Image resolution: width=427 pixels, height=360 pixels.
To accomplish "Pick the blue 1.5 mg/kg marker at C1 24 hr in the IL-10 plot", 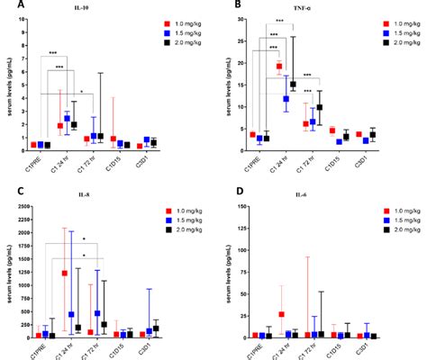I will click(67, 118).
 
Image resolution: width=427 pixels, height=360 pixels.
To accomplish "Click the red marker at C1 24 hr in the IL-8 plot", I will click(64, 273).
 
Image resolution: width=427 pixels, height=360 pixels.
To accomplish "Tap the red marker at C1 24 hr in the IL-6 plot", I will click(282, 314).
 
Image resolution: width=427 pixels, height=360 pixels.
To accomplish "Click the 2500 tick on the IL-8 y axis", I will click(20, 206).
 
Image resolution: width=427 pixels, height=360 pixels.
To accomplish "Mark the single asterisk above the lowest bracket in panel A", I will click(83, 90).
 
